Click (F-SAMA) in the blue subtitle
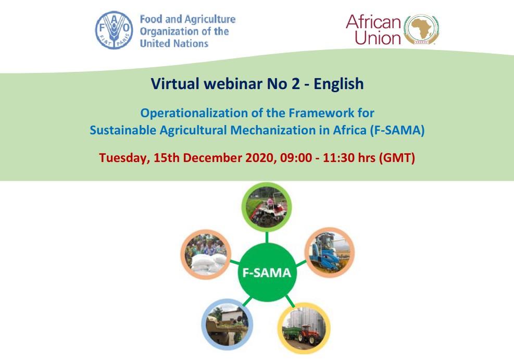click(x=397, y=130)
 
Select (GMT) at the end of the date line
click(x=398, y=158)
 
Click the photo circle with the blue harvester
click(x=329, y=252)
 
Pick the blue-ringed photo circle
click(x=227, y=324)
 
